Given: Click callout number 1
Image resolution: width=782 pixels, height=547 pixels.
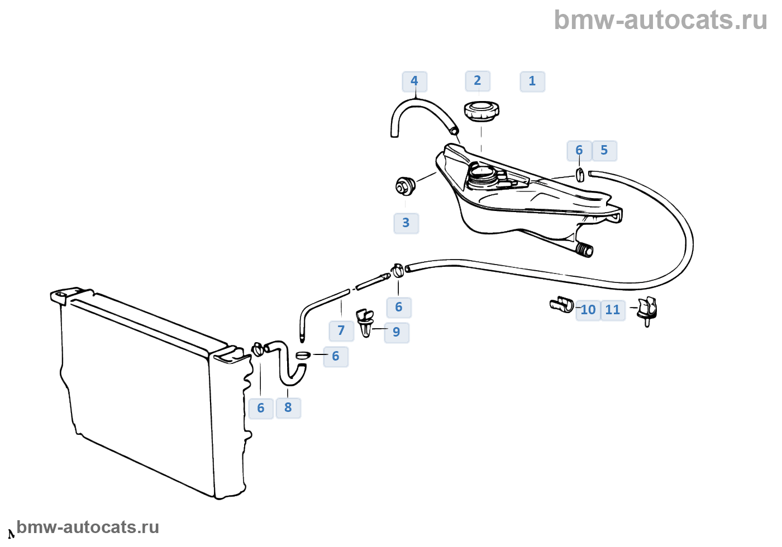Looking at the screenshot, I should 532,81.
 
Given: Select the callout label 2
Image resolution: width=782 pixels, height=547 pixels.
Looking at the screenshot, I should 478,81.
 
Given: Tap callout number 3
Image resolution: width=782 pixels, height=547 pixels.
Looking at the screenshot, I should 406,223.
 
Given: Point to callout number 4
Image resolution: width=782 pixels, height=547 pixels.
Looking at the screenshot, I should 414,81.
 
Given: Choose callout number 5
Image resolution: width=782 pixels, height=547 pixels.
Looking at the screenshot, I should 604,151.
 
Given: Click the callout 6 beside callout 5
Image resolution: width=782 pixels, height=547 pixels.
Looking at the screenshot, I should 579,151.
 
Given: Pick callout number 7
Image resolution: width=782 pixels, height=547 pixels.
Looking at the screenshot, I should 341,331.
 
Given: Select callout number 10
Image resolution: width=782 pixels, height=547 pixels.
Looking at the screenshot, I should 588,310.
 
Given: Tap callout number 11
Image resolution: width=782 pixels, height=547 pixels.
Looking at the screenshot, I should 613,310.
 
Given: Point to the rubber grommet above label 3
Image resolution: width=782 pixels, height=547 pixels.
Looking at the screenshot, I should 404,186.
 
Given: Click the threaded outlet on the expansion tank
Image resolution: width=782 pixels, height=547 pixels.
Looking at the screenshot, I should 585,250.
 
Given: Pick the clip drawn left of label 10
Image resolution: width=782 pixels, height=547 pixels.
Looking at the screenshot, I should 561,305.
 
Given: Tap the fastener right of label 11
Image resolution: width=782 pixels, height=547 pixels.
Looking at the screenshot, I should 648,310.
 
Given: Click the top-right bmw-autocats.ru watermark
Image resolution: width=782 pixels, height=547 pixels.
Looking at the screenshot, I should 661,20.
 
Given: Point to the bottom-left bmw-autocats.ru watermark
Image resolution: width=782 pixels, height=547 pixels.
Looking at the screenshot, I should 88,527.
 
